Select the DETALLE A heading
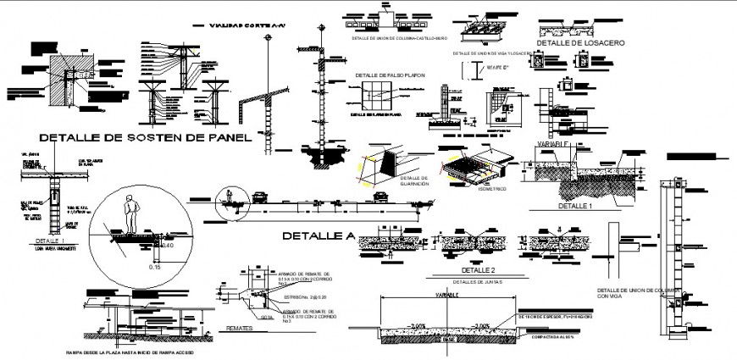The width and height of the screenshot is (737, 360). coord(317,235)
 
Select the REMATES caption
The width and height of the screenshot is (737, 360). coord(241,326)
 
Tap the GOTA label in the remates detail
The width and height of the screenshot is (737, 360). coord(267,315)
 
